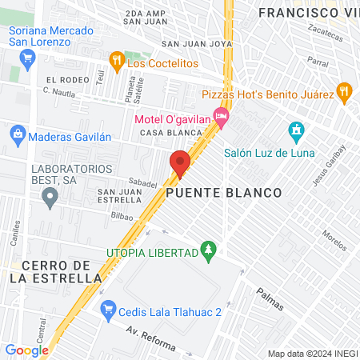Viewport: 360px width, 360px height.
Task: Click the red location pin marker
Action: [x=180, y=162]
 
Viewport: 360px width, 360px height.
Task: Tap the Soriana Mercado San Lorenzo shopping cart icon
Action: [x=28, y=57]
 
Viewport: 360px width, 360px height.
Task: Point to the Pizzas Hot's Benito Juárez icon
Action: [x=344, y=93]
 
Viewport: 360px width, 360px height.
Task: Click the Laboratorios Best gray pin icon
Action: [x=51, y=196]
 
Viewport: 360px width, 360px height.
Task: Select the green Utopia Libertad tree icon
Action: [x=209, y=252]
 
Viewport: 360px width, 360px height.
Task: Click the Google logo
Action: [x=26, y=350]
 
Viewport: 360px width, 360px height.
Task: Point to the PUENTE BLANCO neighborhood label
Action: [x=225, y=193]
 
